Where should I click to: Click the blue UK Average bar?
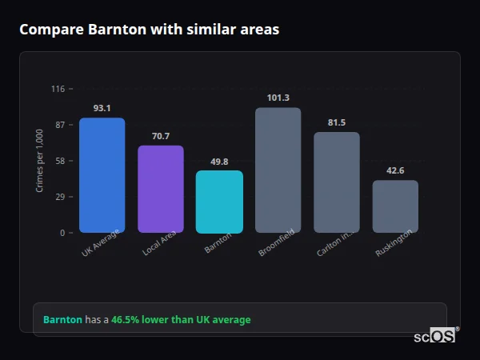(102, 175)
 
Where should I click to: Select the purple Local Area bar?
(161, 189)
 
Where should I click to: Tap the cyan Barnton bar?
(219, 202)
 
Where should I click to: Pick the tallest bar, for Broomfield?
(278, 170)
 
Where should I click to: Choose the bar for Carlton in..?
(337, 182)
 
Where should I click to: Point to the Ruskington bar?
(395, 206)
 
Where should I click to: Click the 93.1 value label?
(102, 108)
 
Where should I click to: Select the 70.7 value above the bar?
(161, 136)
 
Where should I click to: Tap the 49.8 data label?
(219, 162)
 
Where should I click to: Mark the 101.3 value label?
(278, 98)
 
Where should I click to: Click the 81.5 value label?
(337, 122)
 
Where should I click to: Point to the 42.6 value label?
(395, 170)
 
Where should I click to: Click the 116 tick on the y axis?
(58, 89)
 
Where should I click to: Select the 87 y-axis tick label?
(59, 125)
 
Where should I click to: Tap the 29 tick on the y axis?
(59, 197)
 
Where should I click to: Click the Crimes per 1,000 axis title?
(39, 161)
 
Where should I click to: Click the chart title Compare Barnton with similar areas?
(150, 30)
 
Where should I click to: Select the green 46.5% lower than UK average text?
(181, 320)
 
